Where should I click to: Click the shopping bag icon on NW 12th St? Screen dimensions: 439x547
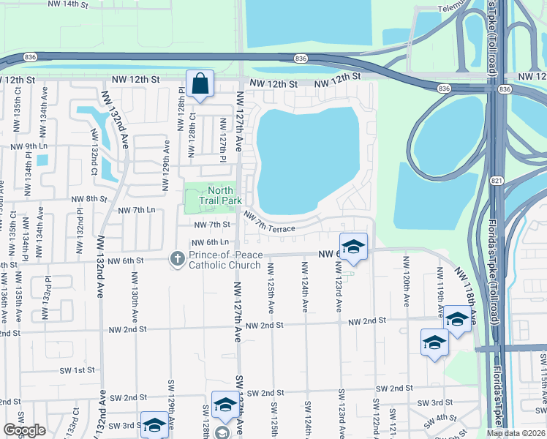tap(200, 84)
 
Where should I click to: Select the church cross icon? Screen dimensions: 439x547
tap(177, 258)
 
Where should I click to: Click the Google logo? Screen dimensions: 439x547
tap(24, 429)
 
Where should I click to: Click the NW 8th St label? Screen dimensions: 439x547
tap(89, 198)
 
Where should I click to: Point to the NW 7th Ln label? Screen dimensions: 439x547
tap(137, 210)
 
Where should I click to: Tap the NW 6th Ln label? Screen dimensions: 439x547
tap(211, 242)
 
